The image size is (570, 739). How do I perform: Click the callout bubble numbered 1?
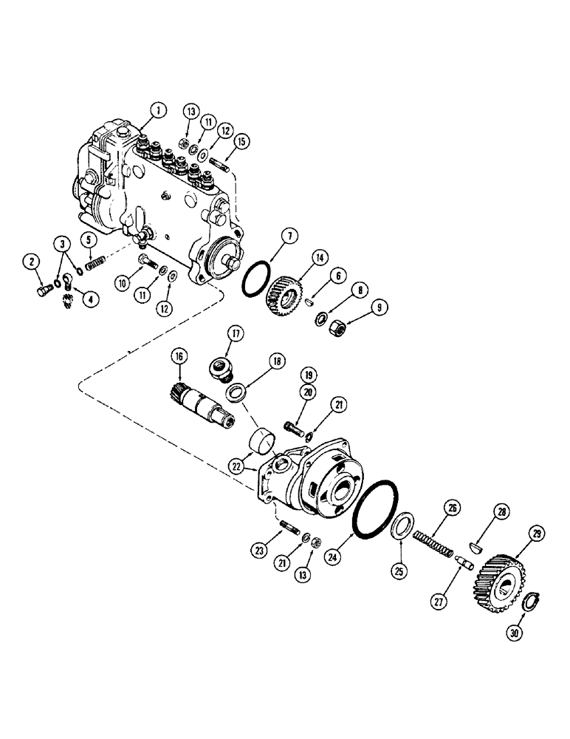pyautogui.click(x=156, y=111)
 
